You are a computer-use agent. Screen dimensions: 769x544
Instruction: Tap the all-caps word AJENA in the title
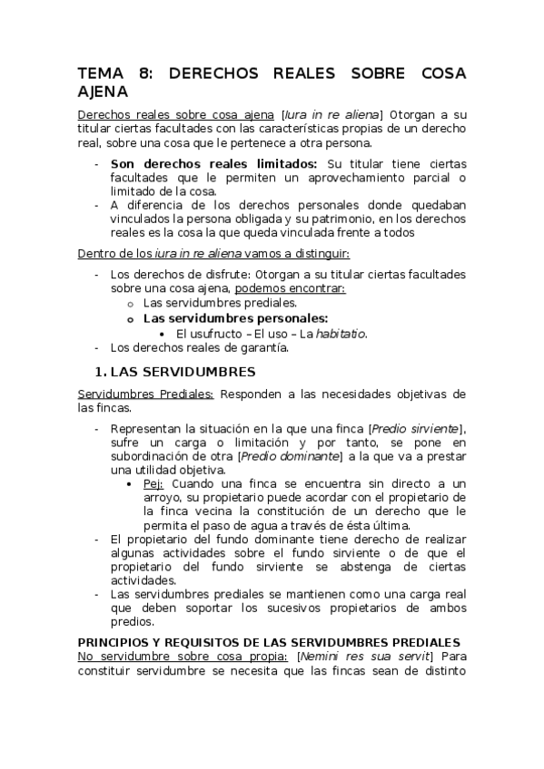103,92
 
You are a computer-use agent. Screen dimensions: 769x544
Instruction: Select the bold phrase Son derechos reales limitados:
213,164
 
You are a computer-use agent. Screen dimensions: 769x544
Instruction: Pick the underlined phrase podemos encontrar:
291,287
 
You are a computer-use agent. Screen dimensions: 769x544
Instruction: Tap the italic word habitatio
341,333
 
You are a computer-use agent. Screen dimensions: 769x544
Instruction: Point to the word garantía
262,347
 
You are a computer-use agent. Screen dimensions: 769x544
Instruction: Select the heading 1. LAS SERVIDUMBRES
174,372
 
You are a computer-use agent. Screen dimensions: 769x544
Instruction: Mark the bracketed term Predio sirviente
416,428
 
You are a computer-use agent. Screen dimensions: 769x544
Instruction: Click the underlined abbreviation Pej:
153,485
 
